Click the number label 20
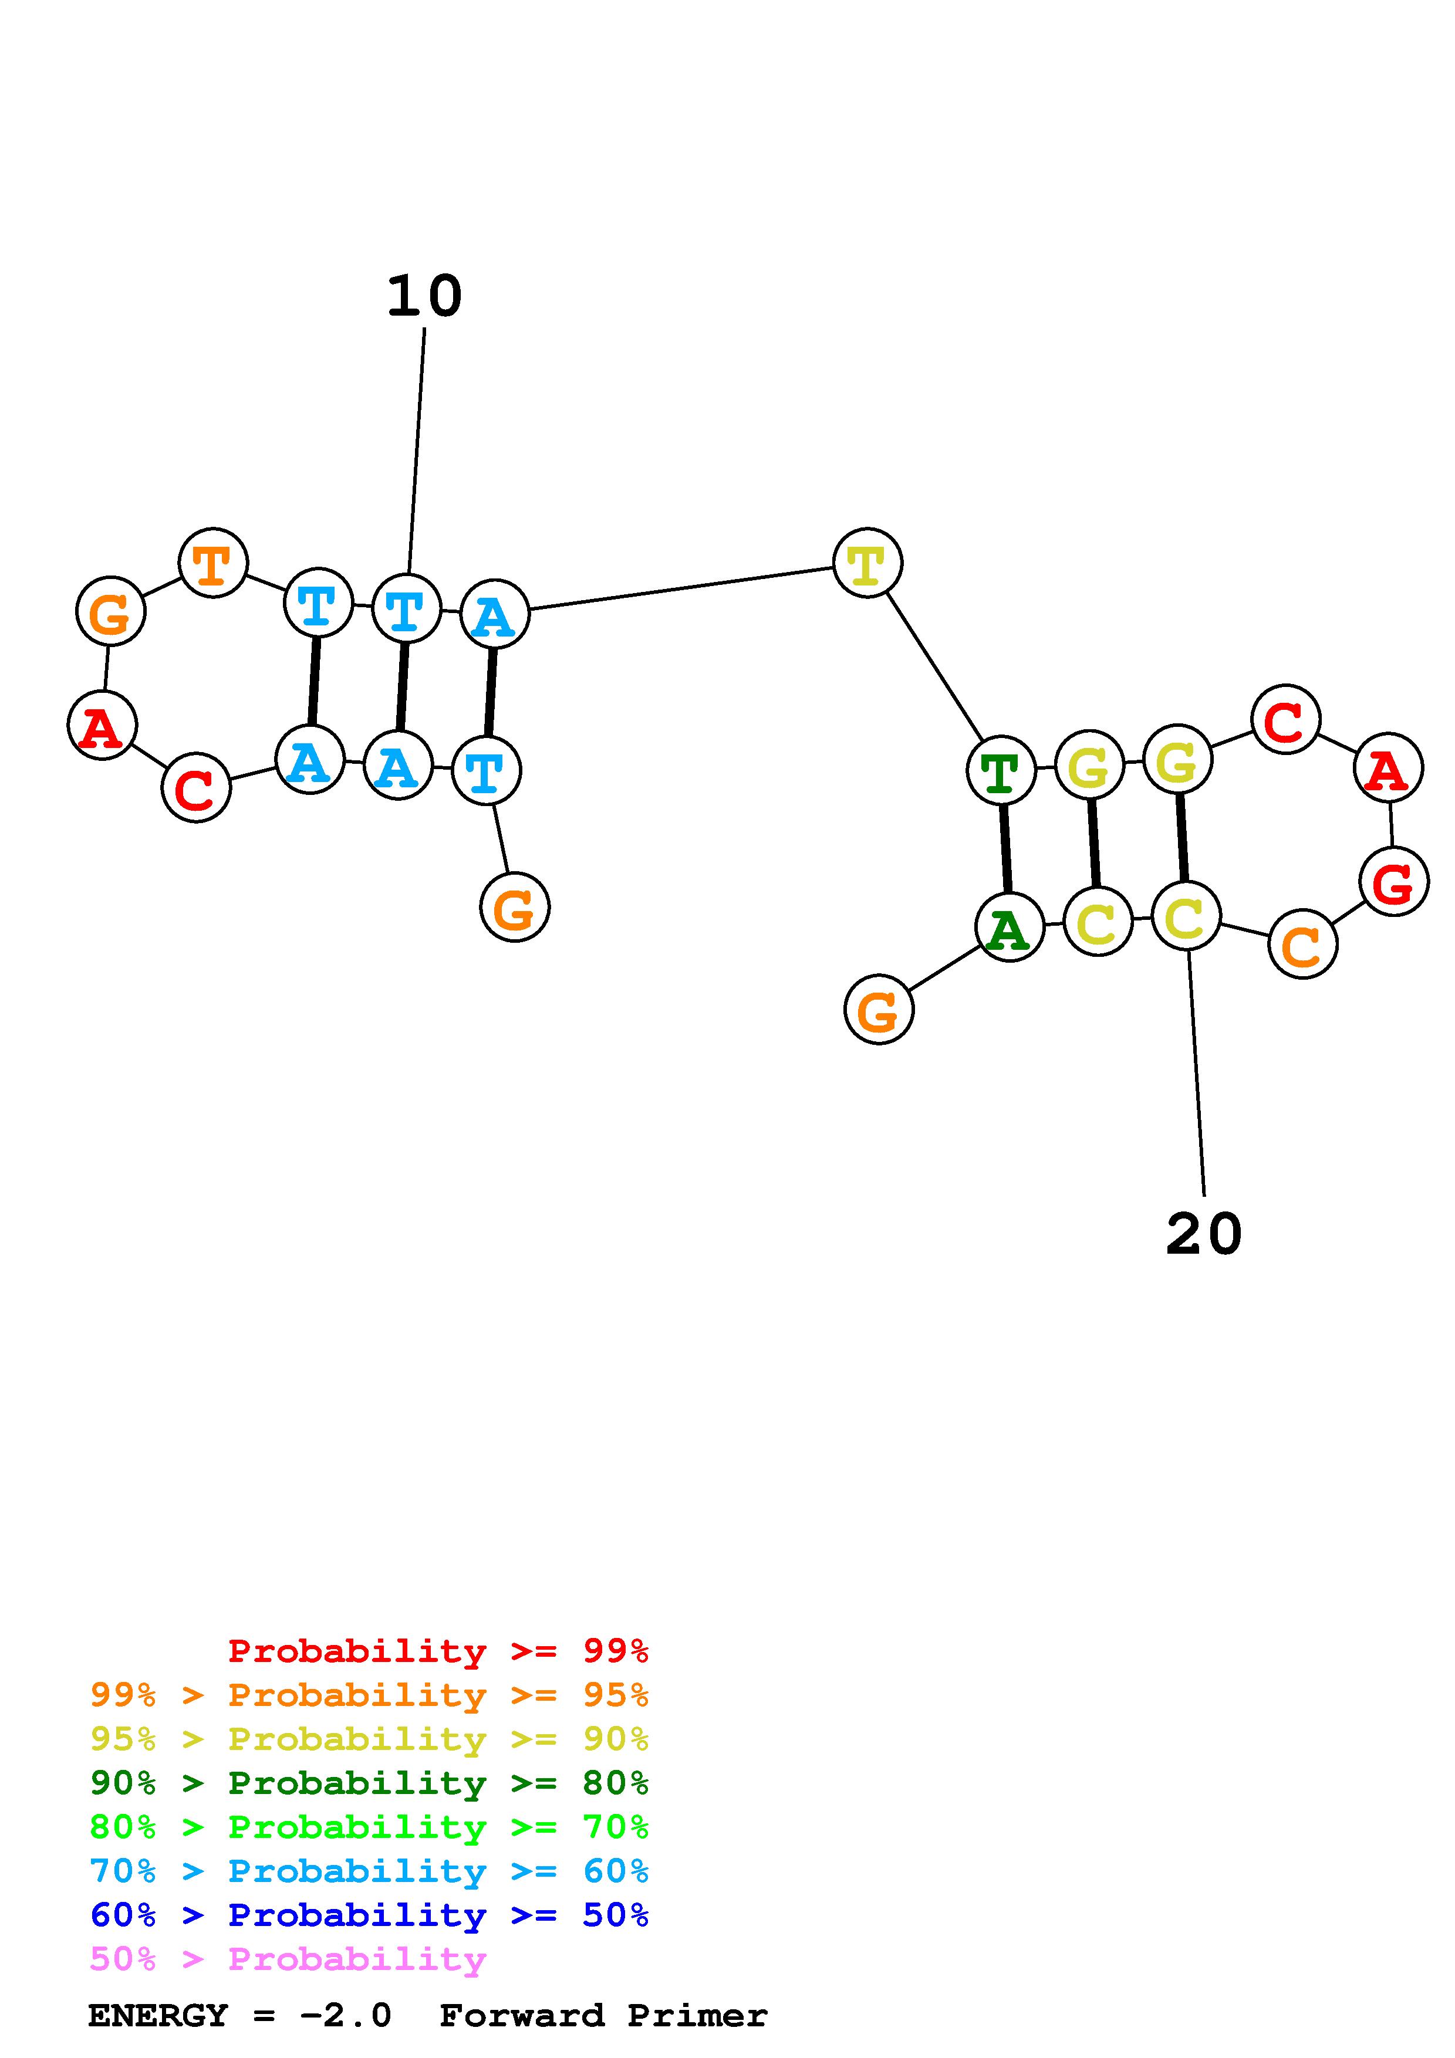(1203, 1234)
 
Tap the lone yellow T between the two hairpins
(867, 563)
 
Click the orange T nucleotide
(212, 563)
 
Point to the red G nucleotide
(1393, 882)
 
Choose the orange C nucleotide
(1302, 944)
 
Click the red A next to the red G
(1388, 768)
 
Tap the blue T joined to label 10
(406, 610)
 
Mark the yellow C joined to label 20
(1185, 916)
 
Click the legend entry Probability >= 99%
(437, 1650)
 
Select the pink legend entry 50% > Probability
(288, 1959)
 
